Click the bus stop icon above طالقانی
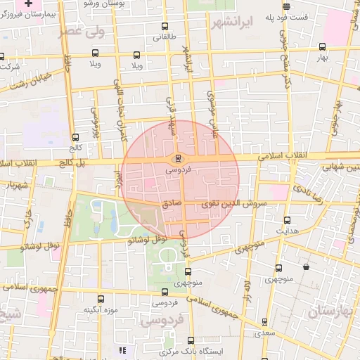tap(165, 27)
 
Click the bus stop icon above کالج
tap(75, 137)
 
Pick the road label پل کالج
tap(70, 163)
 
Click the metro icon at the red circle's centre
tap(178, 157)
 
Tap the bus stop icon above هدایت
tap(285, 219)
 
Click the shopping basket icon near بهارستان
tap(305, 267)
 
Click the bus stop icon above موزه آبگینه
tap(100, 299)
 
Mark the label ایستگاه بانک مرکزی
tap(191, 350)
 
